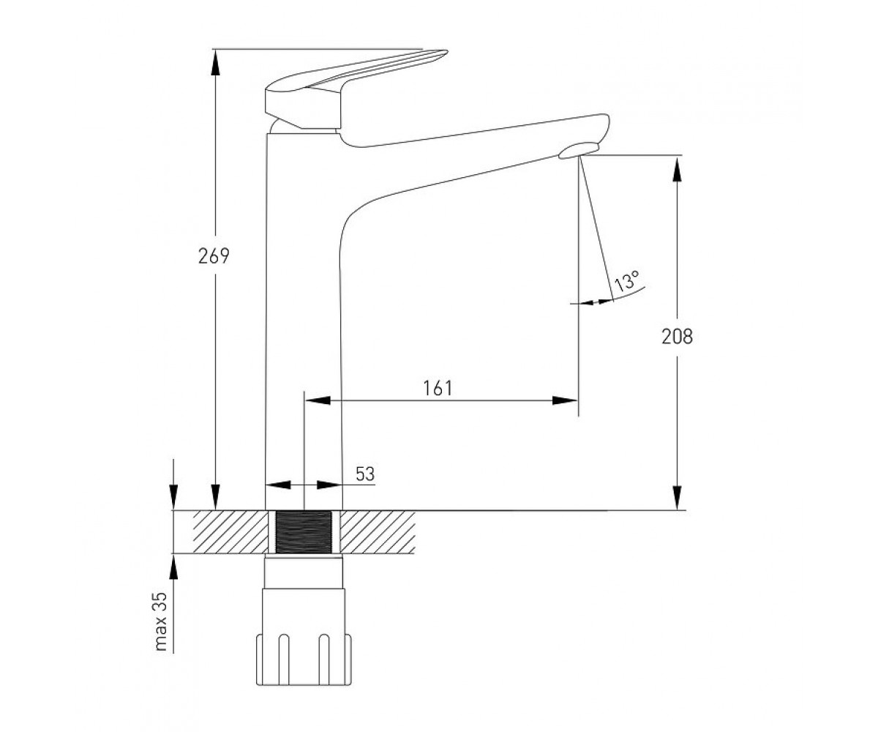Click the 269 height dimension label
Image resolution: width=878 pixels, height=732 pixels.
pos(214,255)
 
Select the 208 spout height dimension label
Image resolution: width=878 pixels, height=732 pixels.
pos(677,336)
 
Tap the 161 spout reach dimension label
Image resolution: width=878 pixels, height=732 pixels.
pos(438,388)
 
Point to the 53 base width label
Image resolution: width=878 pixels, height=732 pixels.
pos(364,474)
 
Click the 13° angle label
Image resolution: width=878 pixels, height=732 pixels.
pos(627,280)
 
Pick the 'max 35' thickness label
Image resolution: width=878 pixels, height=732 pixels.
pos(161,621)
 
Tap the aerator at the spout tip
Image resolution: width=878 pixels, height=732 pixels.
pos(578,151)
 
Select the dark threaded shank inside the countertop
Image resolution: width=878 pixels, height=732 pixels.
pos(304,531)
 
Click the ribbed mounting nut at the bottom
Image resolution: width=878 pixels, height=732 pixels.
pos(304,660)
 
